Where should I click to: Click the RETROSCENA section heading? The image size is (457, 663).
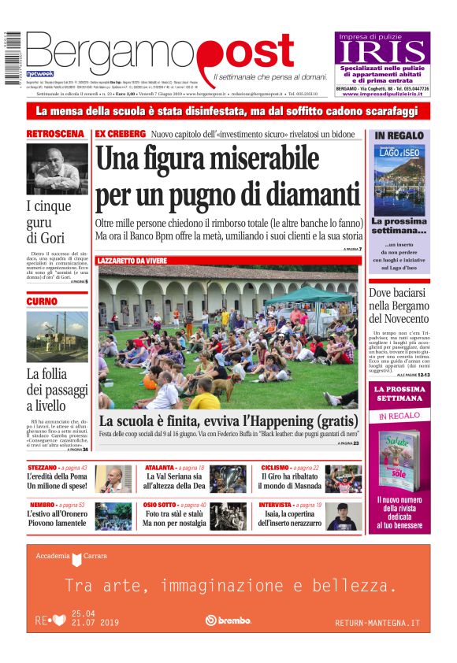(x=56, y=134)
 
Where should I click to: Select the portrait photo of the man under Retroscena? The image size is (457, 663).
(x=56, y=168)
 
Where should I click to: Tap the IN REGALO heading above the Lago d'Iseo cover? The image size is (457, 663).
(x=399, y=135)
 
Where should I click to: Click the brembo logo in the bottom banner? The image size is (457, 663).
(x=228, y=620)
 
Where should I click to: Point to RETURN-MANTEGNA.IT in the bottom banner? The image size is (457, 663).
(x=377, y=623)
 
